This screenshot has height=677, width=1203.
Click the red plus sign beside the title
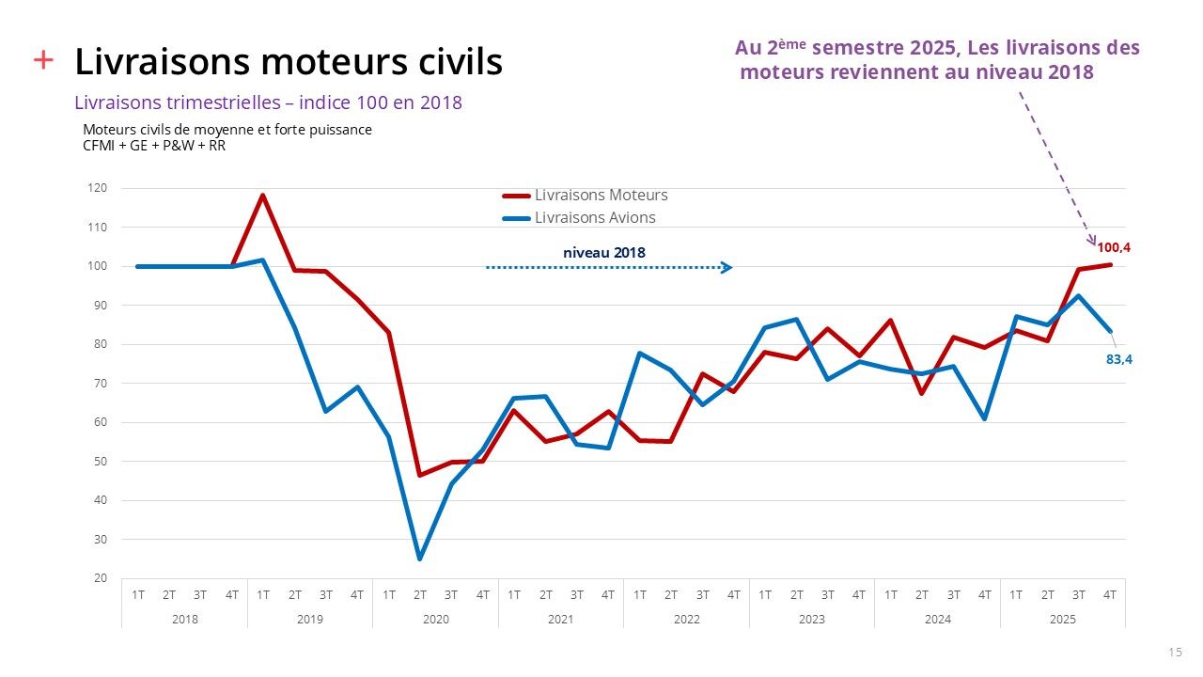tap(43, 60)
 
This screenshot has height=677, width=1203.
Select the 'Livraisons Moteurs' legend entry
tap(601, 196)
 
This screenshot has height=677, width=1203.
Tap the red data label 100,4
tap(1113, 247)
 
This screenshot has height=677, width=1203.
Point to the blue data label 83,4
tap(1118, 358)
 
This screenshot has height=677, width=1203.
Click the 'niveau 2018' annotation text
tap(604, 252)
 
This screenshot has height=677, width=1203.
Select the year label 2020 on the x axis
tap(435, 620)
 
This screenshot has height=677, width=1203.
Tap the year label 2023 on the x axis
tap(812, 620)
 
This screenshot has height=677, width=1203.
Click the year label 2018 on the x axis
tap(184, 620)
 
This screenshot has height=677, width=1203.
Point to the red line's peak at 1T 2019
tap(263, 195)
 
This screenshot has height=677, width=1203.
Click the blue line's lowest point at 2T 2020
tap(420, 559)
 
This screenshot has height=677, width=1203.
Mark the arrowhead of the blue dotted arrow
tap(726, 268)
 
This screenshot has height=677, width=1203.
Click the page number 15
tap(1175, 653)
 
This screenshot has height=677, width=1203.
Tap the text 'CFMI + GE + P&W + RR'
tap(154, 146)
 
